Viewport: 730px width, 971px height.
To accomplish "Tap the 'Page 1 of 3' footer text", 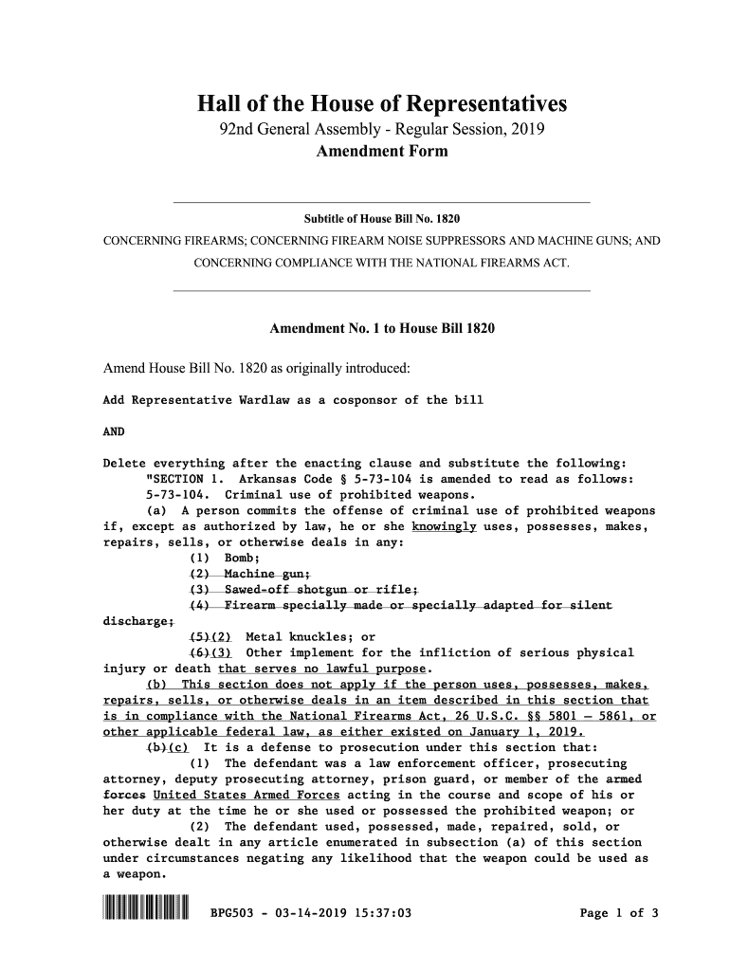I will [619, 914].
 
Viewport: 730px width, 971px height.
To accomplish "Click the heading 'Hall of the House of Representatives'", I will [381, 102].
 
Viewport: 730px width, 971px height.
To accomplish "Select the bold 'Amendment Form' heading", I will [381, 152].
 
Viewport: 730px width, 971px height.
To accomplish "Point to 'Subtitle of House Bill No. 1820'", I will [381, 218].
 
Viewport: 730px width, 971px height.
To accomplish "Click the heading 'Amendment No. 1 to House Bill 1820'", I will [383, 329].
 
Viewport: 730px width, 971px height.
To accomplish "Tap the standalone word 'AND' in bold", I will [113, 431].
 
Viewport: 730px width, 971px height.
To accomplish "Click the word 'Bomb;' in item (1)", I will [240, 558].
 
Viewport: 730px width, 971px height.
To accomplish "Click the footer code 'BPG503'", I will [232, 914].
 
